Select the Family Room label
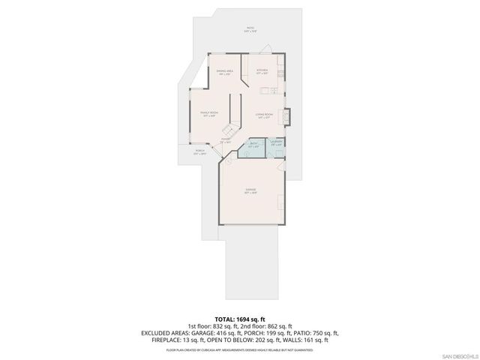click(x=209, y=114)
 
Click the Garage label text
click(x=250, y=190)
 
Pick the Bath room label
click(x=253, y=145)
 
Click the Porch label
click(x=200, y=151)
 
